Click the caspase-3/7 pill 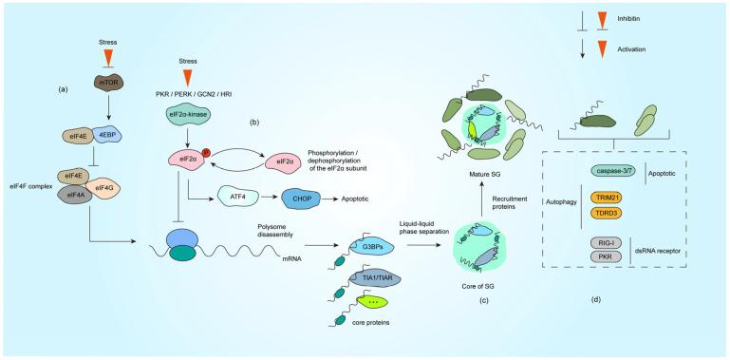615,172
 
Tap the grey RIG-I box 612,244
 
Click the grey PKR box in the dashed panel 612,258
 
